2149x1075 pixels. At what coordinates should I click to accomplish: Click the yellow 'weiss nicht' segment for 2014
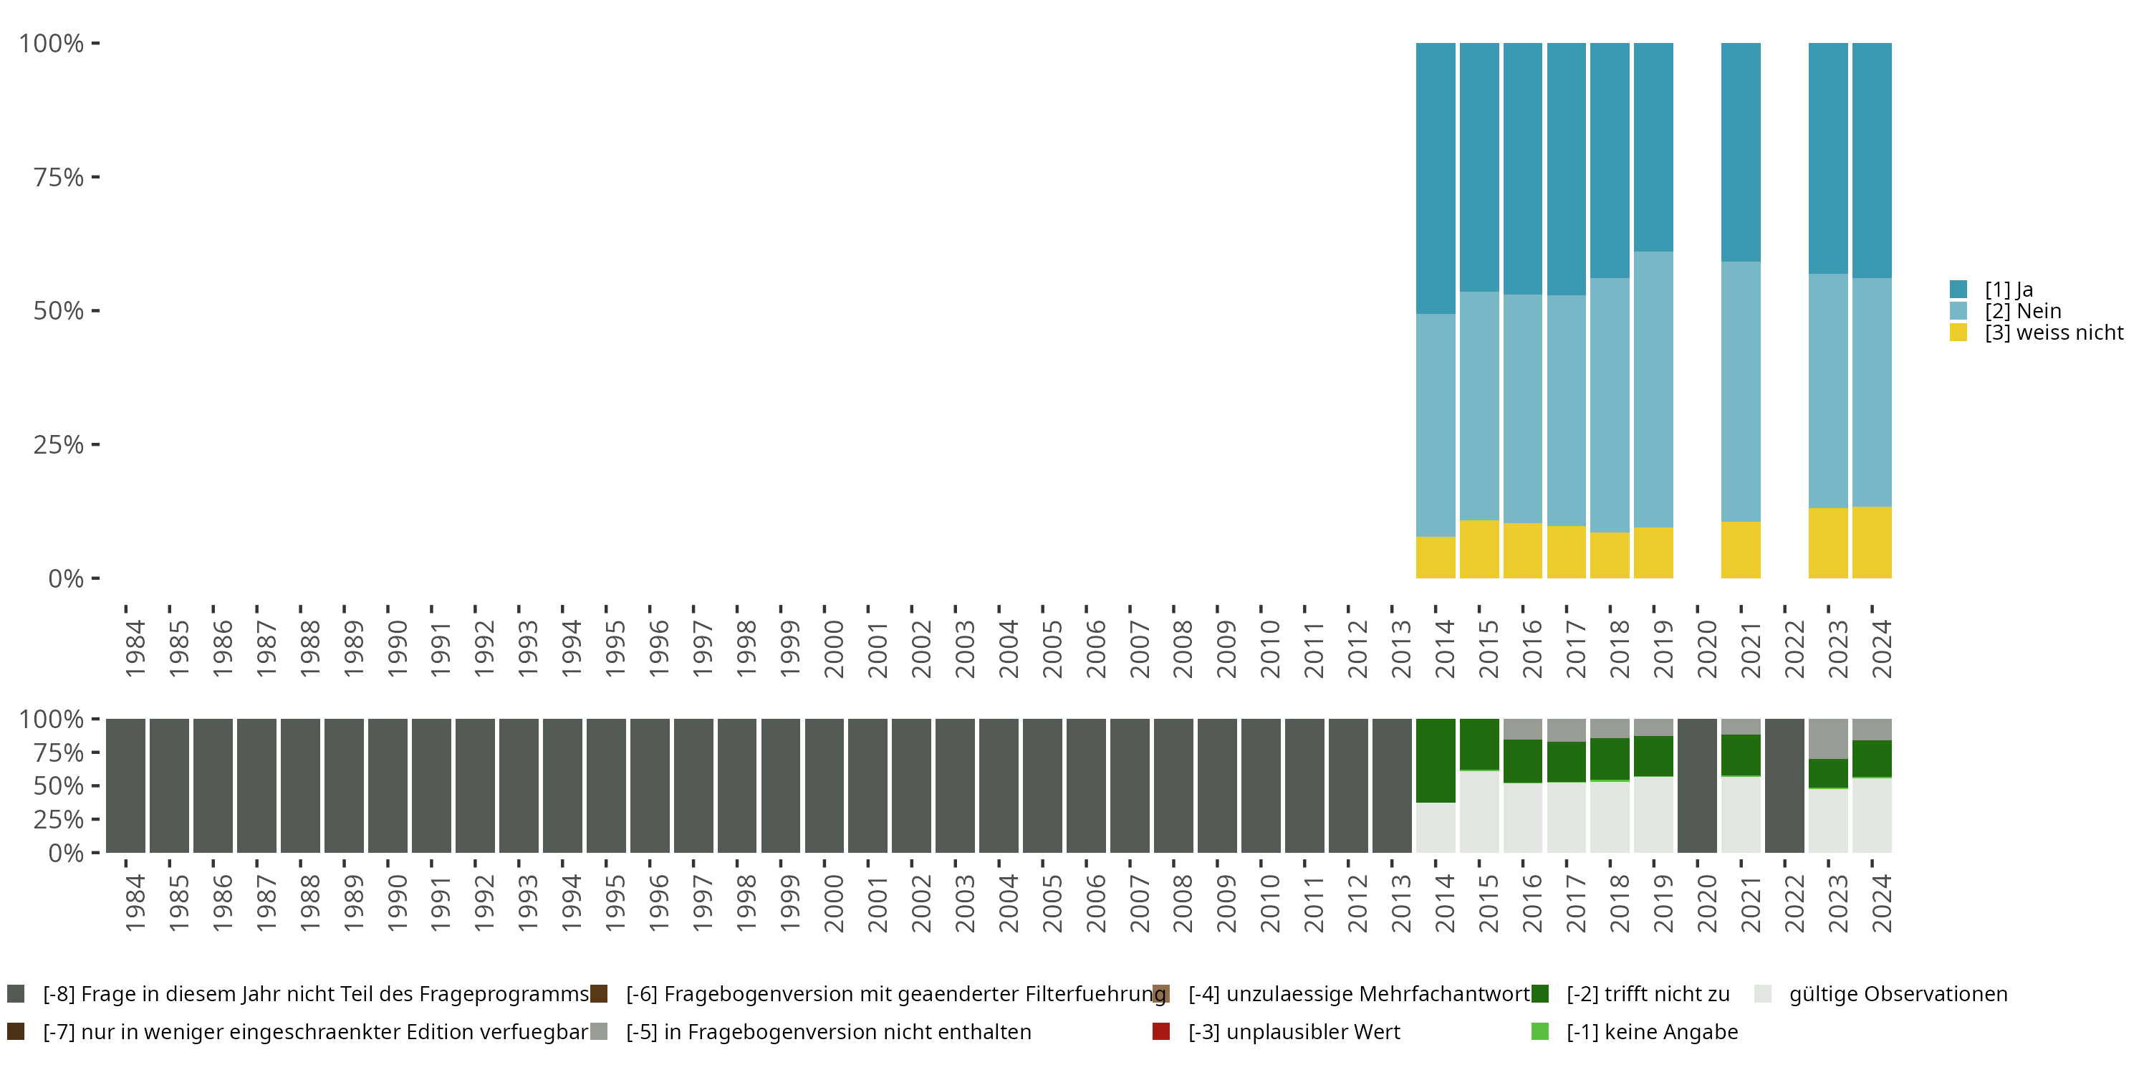pos(1435,557)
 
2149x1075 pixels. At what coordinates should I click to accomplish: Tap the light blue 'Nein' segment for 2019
pos(1653,389)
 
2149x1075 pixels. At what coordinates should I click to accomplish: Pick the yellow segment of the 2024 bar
pos(1871,542)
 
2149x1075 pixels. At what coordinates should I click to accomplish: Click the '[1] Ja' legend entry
pos(2008,290)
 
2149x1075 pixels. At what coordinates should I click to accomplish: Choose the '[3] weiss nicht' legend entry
pos(2053,333)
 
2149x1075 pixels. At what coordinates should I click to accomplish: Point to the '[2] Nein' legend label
pos(2022,311)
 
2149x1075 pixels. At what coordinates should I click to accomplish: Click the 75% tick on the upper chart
pos(59,177)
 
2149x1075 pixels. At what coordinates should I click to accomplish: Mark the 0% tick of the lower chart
pos(65,853)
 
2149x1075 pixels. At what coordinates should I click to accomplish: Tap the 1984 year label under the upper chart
pos(135,649)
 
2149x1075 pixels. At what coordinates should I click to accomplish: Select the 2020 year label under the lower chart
pos(1707,903)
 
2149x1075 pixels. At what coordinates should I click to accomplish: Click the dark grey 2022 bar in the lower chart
pos(1784,785)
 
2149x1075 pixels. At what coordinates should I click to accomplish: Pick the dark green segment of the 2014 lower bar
pos(1435,760)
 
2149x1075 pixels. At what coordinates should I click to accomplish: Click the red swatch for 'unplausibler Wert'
pos(1160,1031)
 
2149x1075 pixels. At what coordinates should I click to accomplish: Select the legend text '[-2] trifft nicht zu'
pos(1648,994)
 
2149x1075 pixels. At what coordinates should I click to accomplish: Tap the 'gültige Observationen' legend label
pos(1898,994)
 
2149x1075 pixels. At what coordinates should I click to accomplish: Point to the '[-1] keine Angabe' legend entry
pos(1652,1031)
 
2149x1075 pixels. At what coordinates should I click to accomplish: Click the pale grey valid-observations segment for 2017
pos(1566,817)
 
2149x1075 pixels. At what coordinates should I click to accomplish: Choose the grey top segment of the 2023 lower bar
pos(1828,739)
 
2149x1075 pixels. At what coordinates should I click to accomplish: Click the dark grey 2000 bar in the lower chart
pos(824,785)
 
